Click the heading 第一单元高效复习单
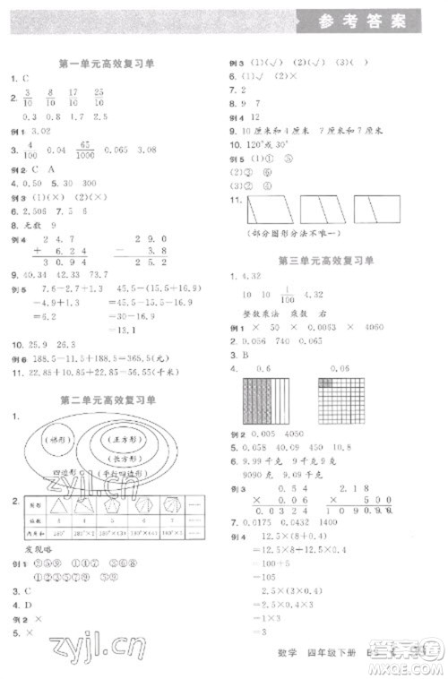tap(107, 63)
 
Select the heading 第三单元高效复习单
tap(328, 260)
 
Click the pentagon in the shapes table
tap(114, 508)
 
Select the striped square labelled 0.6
tap(264, 406)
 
